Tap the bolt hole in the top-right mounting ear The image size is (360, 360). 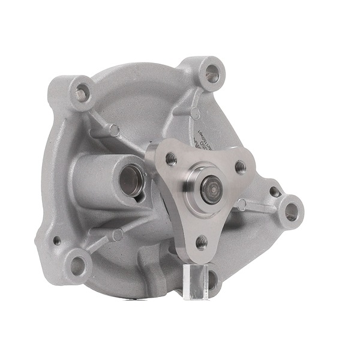coord(212,73)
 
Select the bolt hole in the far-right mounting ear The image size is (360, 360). coord(291,211)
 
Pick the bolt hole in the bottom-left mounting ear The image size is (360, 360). coord(78,265)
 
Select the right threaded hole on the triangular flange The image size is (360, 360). coord(240,167)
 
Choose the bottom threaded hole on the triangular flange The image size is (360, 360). coord(202,242)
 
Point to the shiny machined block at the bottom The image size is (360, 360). coord(196,280)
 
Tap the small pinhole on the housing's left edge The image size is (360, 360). coord(56,240)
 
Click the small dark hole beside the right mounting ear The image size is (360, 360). coord(274,191)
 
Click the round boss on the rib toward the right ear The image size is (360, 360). coord(242,205)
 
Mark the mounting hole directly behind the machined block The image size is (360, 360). coord(211,277)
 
